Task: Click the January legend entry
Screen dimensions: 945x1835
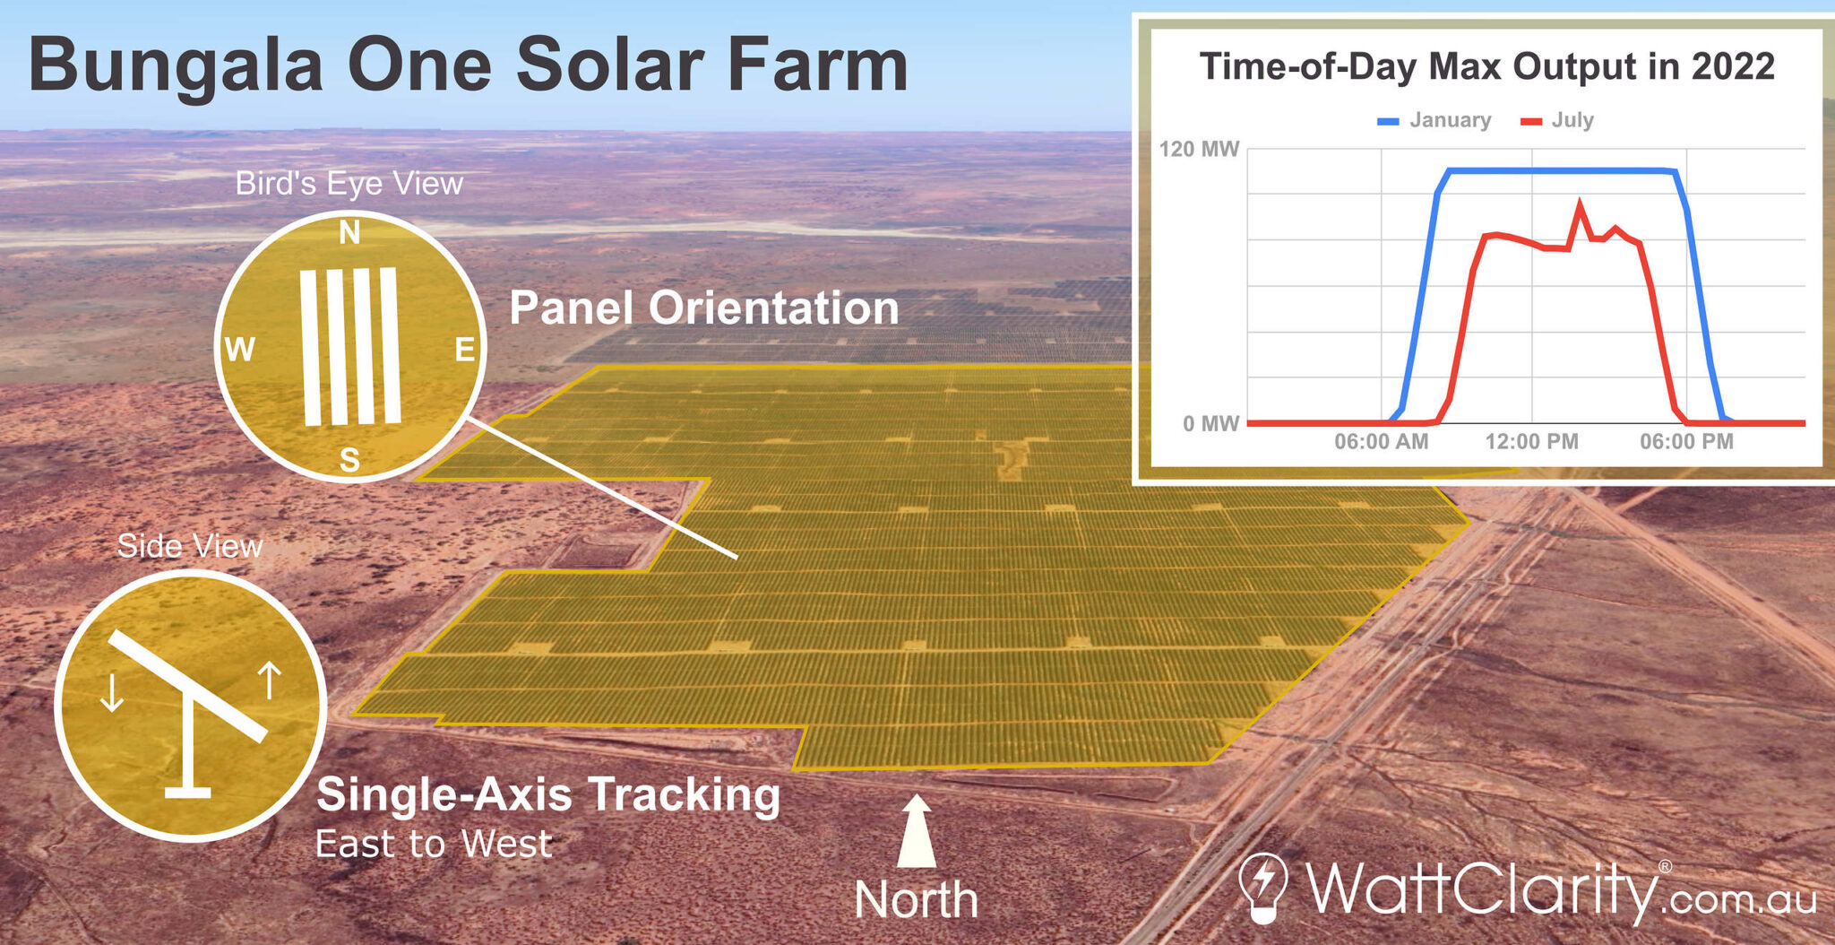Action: pyautogui.click(x=1434, y=120)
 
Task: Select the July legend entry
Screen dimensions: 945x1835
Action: pyautogui.click(x=1557, y=120)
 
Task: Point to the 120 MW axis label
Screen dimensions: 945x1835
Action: pyautogui.click(x=1198, y=149)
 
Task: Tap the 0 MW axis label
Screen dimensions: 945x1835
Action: pyautogui.click(x=1210, y=423)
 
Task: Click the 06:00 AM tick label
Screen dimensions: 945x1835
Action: pyautogui.click(x=1381, y=441)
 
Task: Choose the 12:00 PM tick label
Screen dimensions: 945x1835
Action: pyautogui.click(x=1531, y=441)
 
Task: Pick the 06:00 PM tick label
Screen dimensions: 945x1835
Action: pyautogui.click(x=1686, y=441)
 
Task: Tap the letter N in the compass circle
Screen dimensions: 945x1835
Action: pyautogui.click(x=349, y=233)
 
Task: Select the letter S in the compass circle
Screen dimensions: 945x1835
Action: pyautogui.click(x=349, y=460)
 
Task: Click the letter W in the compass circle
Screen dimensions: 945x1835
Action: pyautogui.click(x=239, y=349)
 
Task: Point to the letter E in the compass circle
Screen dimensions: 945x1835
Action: pyautogui.click(x=465, y=349)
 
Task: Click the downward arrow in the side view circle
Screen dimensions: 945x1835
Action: pyautogui.click(x=112, y=692)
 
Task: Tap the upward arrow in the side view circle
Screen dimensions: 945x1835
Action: pyautogui.click(x=270, y=681)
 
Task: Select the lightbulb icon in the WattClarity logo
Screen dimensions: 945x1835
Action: pyautogui.click(x=1262, y=886)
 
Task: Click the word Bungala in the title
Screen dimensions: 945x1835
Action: pyautogui.click(x=176, y=65)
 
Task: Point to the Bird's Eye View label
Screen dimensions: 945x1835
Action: pyautogui.click(x=349, y=183)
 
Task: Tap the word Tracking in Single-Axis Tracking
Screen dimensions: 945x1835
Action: pyautogui.click(x=685, y=794)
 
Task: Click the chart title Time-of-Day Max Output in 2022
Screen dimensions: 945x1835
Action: pyautogui.click(x=1486, y=66)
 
